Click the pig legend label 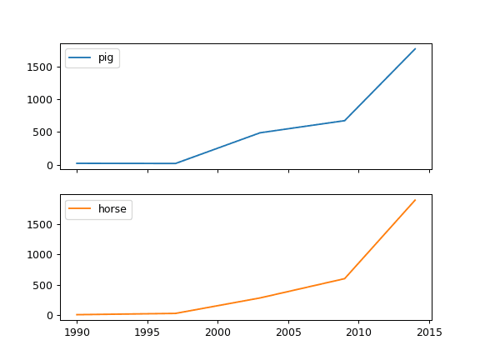106,57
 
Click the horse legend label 112,209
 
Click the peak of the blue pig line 415,48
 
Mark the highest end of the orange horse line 415,200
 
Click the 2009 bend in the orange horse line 344,278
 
